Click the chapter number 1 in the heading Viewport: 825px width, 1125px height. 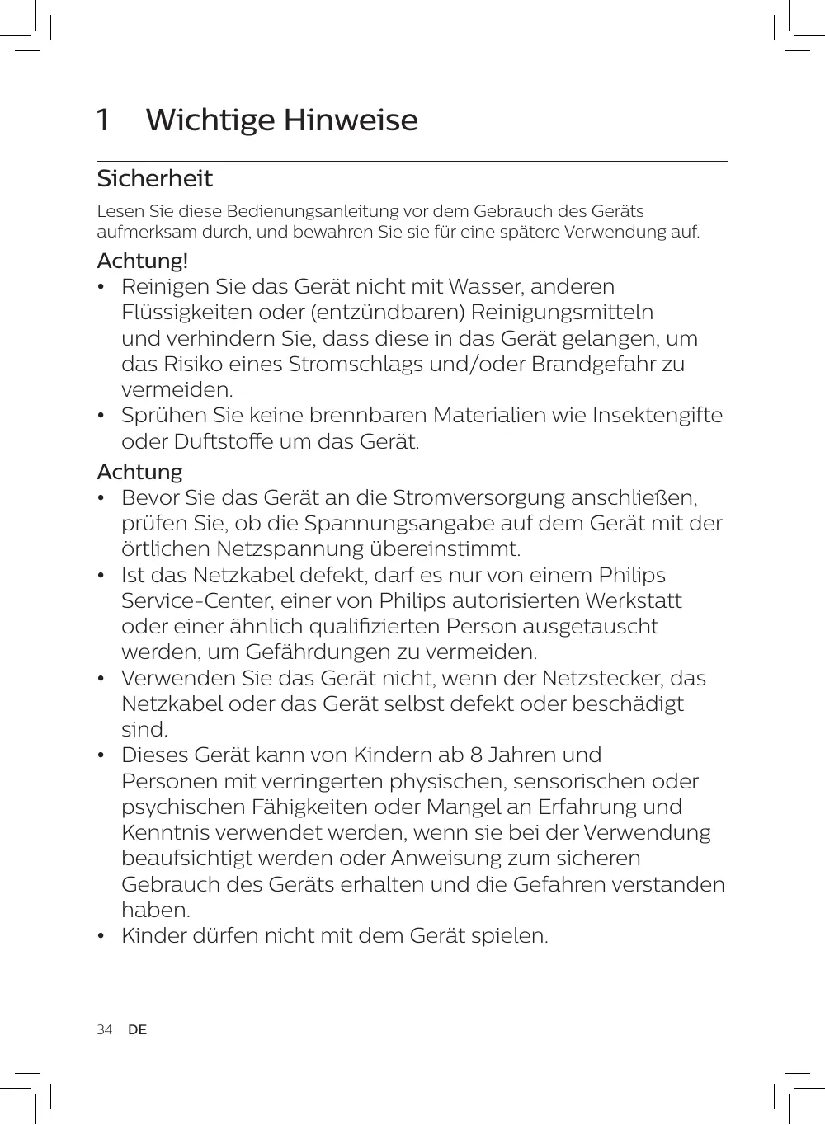pyautogui.click(x=103, y=120)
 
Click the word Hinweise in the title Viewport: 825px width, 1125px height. pyautogui.click(x=351, y=120)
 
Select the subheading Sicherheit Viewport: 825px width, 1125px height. pyautogui.click(x=154, y=179)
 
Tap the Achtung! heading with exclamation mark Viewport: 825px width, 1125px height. pyautogui.click(x=143, y=261)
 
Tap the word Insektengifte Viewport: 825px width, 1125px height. pyautogui.click(x=658, y=416)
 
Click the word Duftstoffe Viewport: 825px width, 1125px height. pyautogui.click(x=224, y=441)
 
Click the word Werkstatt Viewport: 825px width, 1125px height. pyautogui.click(x=634, y=601)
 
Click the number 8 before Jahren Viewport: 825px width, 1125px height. pyautogui.click(x=476, y=755)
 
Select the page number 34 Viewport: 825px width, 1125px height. pyautogui.click(x=104, y=1030)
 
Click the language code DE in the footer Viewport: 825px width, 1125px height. pyautogui.click(x=137, y=1030)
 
